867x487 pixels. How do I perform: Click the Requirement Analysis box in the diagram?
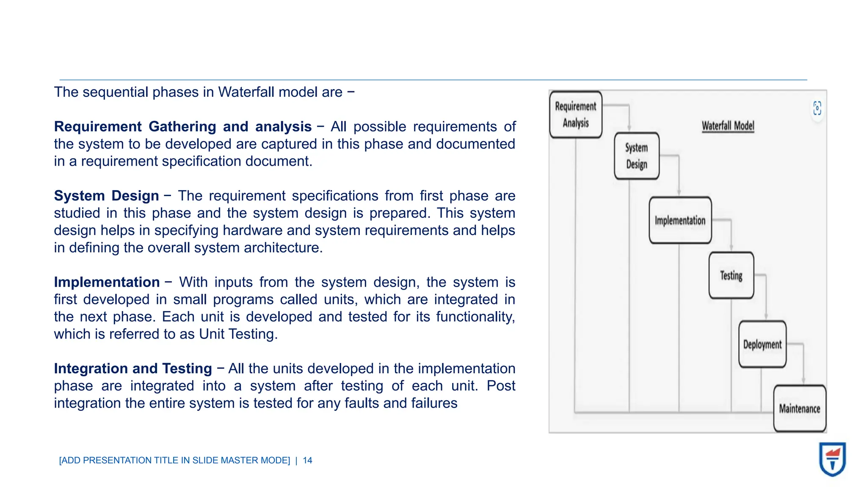pos(575,115)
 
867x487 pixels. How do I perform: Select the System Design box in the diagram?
pos(636,156)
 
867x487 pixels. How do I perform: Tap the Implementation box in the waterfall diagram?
pos(680,220)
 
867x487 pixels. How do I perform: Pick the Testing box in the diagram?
pos(731,275)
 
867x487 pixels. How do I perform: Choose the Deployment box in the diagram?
pos(762,344)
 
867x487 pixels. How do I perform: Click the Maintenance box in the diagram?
pos(799,408)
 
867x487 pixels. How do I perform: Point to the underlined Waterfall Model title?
pos(728,126)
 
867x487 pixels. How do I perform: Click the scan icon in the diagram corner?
pos(817,108)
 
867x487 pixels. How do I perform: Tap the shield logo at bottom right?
pos(832,459)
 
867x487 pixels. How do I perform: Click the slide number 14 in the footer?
pos(307,460)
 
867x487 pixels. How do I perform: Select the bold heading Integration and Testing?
pos(133,368)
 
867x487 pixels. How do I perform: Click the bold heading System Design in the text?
pos(106,196)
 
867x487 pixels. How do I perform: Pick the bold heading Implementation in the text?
pos(107,282)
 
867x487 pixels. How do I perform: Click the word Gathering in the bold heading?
pos(182,126)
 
